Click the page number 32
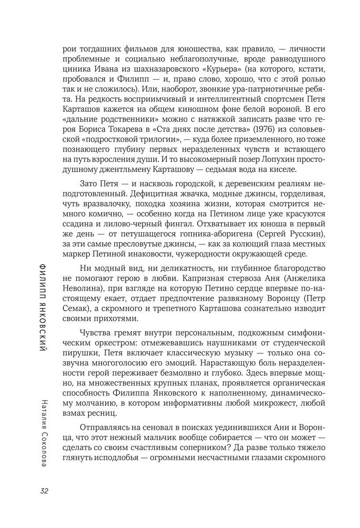44,491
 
